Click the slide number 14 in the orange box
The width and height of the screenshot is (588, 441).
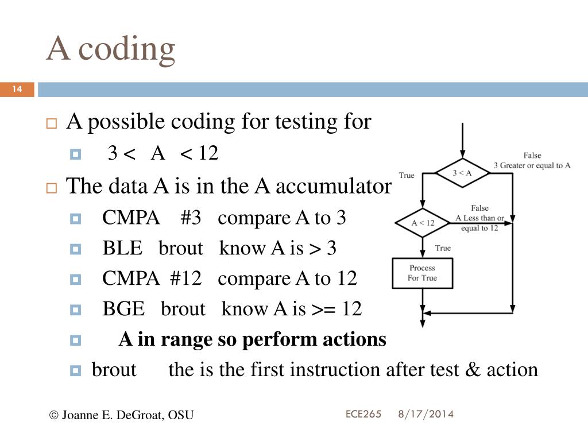(17, 90)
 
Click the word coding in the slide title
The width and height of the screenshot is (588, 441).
(126, 48)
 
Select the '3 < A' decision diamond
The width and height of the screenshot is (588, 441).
(462, 172)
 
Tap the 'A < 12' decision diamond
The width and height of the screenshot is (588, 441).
(423, 223)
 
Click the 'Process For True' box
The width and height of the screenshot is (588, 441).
(422, 273)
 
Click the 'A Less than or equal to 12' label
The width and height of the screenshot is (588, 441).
(479, 218)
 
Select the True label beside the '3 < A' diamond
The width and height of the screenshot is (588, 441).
(407, 175)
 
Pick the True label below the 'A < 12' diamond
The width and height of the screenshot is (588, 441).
(443, 248)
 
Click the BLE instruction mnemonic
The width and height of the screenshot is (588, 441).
(122, 249)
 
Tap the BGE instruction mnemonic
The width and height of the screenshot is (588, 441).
(123, 309)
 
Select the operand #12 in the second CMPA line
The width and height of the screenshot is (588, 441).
(185, 278)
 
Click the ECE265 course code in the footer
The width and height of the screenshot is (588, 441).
(363, 413)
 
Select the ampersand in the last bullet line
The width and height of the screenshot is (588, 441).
(473, 370)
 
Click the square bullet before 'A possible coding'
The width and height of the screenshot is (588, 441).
(52, 123)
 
